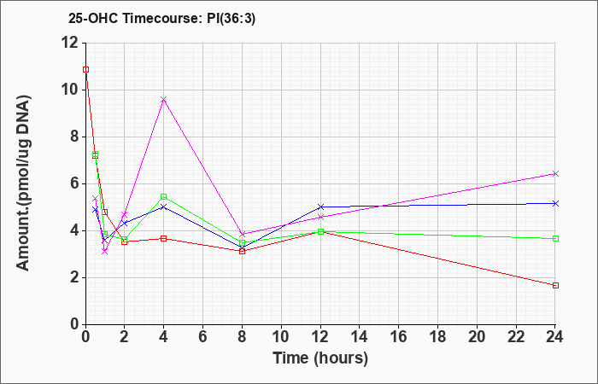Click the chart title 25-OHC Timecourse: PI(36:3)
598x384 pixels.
pyautogui.click(x=161, y=18)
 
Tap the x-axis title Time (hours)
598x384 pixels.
pyautogui.click(x=320, y=358)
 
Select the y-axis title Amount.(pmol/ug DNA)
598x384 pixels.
pyautogui.click(x=23, y=183)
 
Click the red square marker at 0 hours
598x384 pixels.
pyautogui.click(x=85, y=69)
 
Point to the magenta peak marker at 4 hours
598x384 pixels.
pyautogui.click(x=164, y=100)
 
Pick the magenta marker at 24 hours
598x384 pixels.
pyautogui.click(x=555, y=174)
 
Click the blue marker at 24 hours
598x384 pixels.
pyautogui.click(x=555, y=203)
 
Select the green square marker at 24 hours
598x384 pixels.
pyautogui.click(x=555, y=238)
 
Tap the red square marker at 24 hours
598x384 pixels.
pyautogui.click(x=555, y=285)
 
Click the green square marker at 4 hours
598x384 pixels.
pyautogui.click(x=164, y=196)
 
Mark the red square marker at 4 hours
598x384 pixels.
pyautogui.click(x=164, y=238)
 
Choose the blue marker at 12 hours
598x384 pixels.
pyautogui.click(x=320, y=207)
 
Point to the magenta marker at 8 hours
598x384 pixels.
pyautogui.click(x=242, y=234)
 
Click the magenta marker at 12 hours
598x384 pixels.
pyautogui.click(x=320, y=217)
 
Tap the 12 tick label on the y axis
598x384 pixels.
pyautogui.click(x=71, y=43)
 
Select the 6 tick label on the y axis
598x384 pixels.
pyautogui.click(x=76, y=183)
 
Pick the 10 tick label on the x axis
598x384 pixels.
pyautogui.click(x=281, y=337)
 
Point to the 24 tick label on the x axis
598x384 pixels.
pyautogui.click(x=554, y=337)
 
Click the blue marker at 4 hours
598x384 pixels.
pyautogui.click(x=164, y=207)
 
